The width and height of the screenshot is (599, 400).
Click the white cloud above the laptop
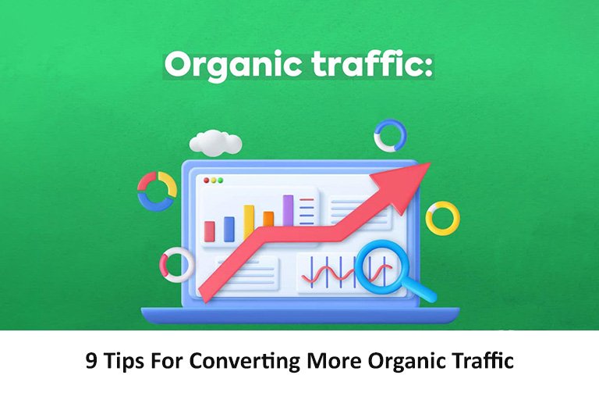[x=215, y=143]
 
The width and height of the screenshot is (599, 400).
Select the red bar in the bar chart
[x=209, y=230]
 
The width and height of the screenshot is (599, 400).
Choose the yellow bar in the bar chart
[x=249, y=222]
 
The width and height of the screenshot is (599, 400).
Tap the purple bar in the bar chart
[x=288, y=209]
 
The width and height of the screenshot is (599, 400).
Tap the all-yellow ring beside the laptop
[x=442, y=218]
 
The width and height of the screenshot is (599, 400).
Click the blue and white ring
[x=390, y=135]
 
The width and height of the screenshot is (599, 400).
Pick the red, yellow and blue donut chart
[x=157, y=191]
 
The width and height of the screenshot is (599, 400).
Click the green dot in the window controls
[x=221, y=180]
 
